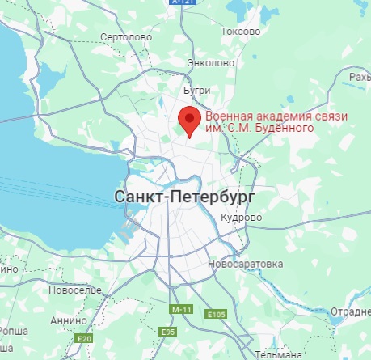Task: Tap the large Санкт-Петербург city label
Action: click(174, 197)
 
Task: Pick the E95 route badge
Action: click(168, 331)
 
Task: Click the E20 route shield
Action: click(83, 340)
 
